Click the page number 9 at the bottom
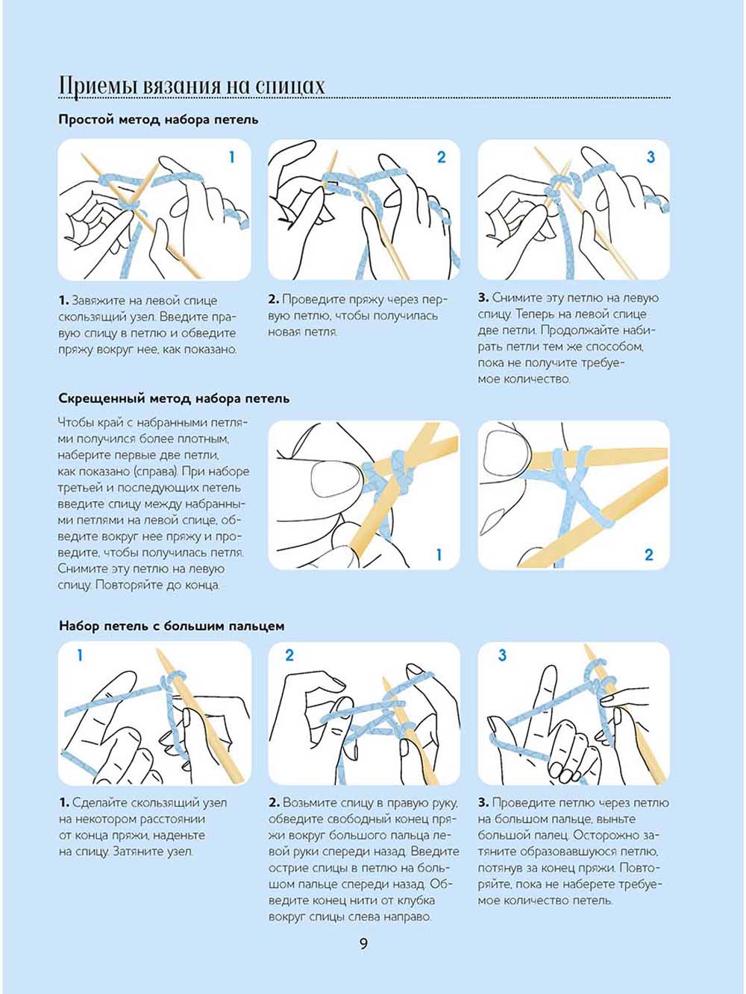[x=363, y=944]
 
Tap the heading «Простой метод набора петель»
[x=158, y=119]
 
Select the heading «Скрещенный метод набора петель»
[x=173, y=398]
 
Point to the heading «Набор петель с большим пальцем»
[x=171, y=626]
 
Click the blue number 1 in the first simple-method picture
[x=231, y=157]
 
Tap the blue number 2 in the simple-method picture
[x=441, y=157]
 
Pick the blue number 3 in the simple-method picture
[x=651, y=157]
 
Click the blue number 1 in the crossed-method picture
[x=439, y=555]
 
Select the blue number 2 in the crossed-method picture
[x=648, y=555]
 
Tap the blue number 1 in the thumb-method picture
[x=80, y=656]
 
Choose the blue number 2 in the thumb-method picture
[x=289, y=656]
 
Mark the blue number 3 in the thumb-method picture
[x=502, y=656]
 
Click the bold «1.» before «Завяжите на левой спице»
[x=63, y=301]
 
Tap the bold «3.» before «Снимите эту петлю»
[x=483, y=298]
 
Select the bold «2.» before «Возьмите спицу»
[x=274, y=803]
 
